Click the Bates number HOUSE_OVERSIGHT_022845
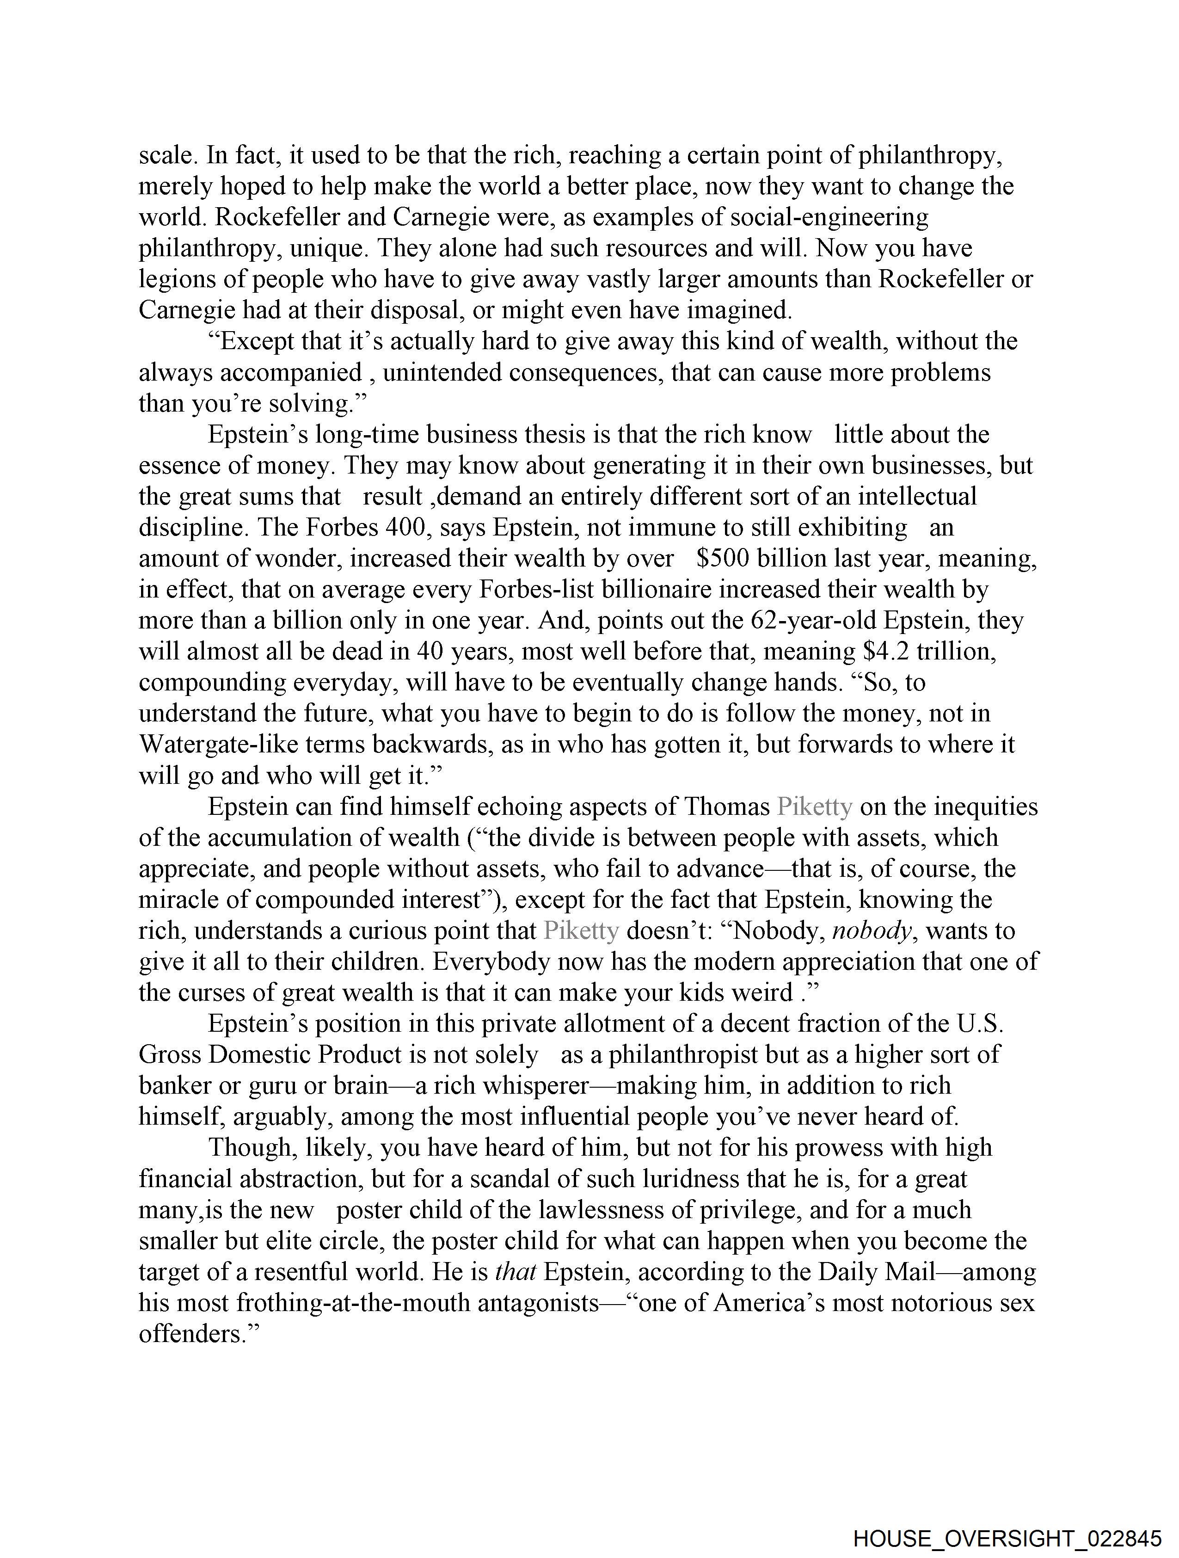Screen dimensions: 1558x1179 [1007, 1538]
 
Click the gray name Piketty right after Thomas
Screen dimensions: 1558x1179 [814, 807]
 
